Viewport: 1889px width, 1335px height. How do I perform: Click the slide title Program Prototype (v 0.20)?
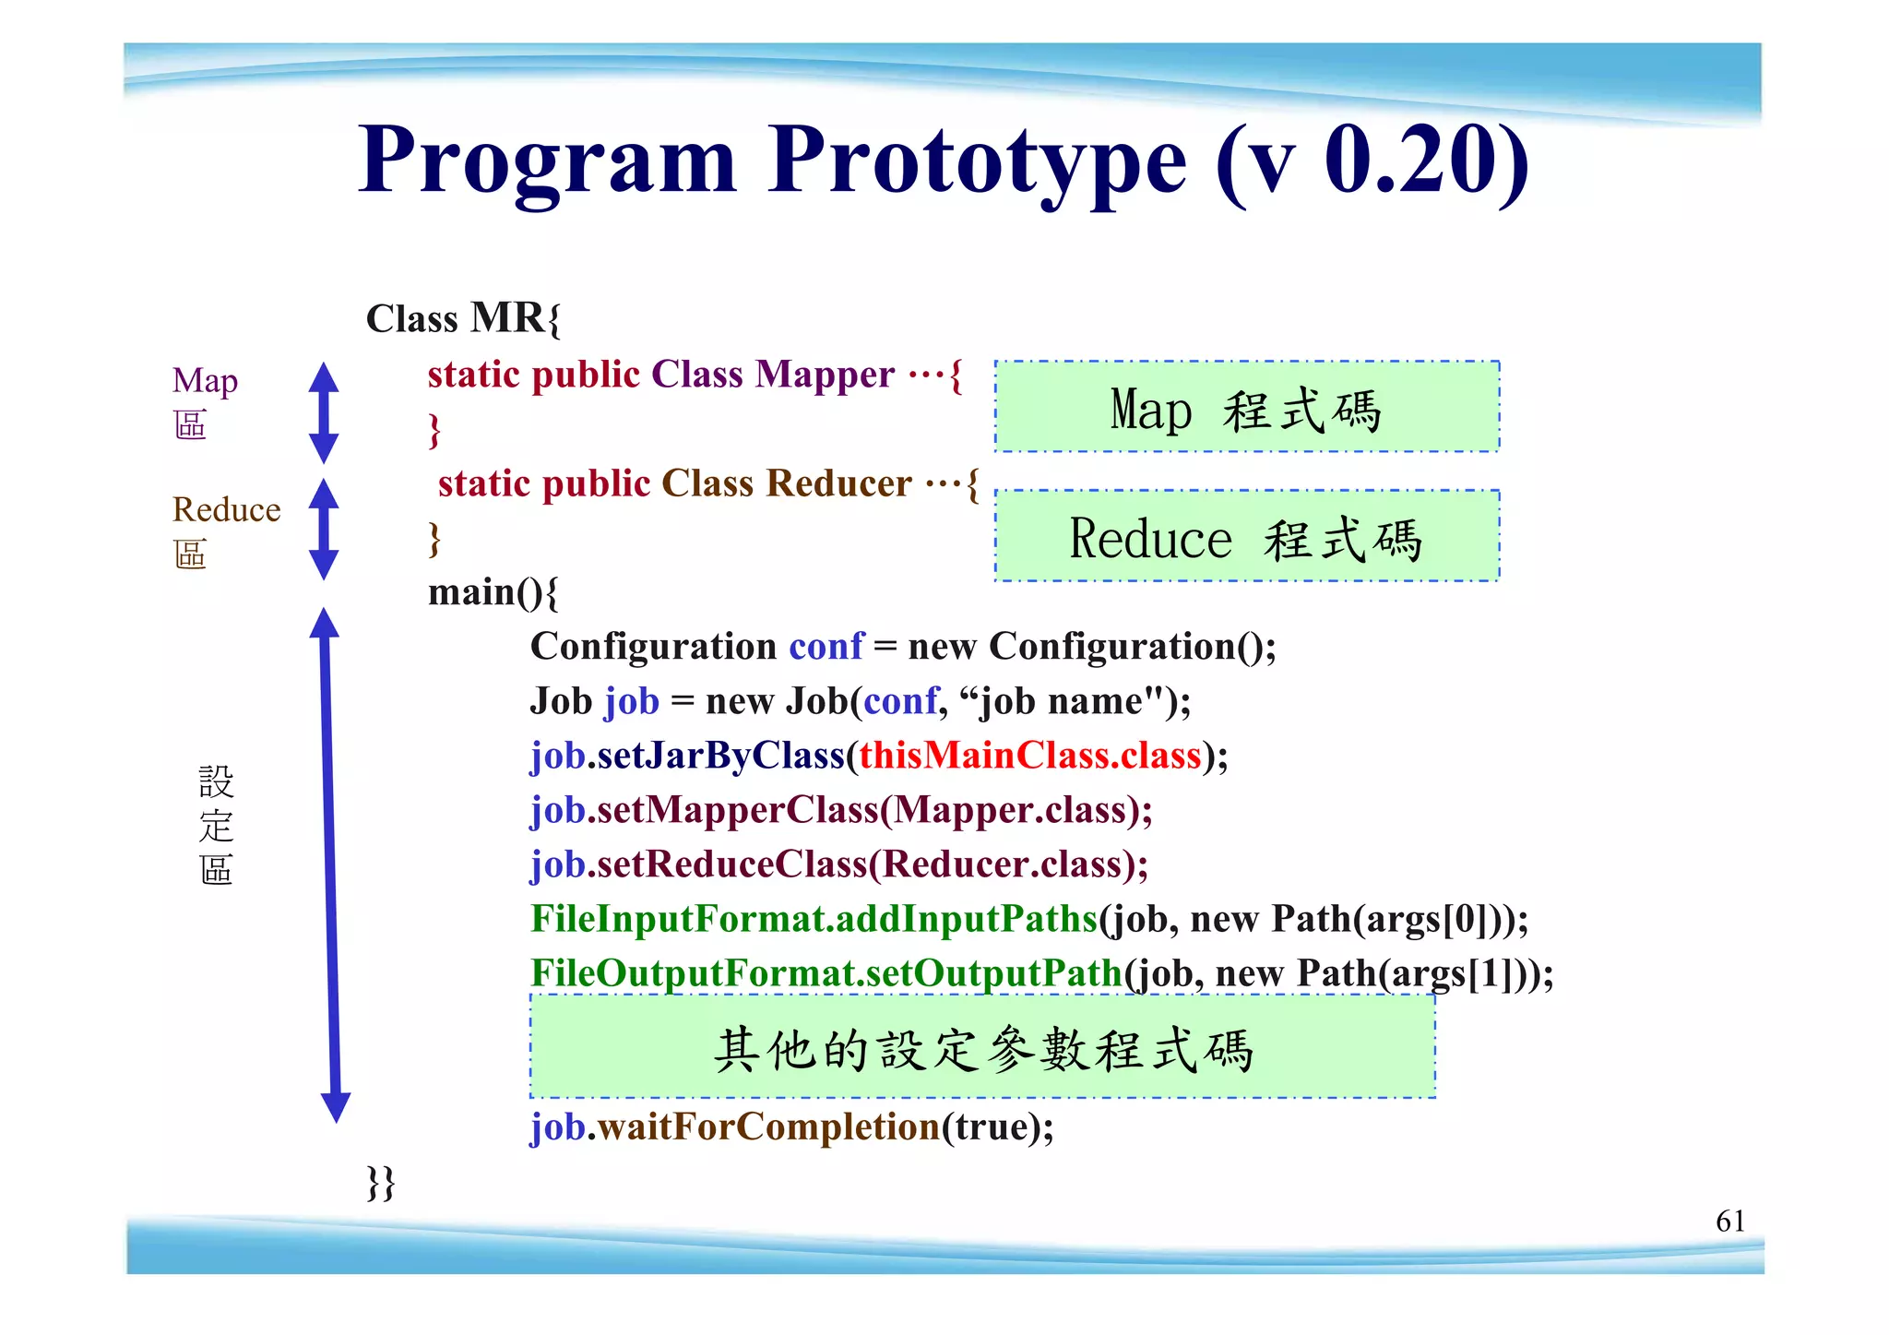(943, 161)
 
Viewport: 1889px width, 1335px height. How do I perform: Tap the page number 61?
(1729, 1221)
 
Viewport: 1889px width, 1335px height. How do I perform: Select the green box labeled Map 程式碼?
(1247, 407)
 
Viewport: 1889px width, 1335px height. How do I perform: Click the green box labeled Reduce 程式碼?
(1247, 536)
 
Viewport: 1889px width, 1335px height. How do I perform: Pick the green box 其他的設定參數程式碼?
(982, 1047)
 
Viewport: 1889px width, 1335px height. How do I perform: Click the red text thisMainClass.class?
(1029, 756)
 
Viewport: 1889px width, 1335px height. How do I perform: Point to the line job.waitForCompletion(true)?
(791, 1127)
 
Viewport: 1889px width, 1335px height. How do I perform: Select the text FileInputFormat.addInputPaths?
(814, 919)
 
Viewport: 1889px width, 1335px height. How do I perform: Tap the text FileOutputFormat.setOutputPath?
(826, 973)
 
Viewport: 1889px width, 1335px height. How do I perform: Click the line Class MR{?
(463, 318)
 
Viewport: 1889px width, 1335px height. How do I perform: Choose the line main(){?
(493, 592)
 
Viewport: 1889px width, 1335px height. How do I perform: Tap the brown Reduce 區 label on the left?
(225, 530)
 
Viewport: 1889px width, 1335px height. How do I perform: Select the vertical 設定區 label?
(216, 825)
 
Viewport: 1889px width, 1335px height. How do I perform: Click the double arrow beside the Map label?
(323, 412)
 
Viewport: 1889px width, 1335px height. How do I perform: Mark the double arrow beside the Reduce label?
(323, 529)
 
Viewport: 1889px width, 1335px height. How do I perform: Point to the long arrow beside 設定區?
(330, 864)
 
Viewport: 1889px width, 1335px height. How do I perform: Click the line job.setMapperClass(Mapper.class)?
(841, 810)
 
